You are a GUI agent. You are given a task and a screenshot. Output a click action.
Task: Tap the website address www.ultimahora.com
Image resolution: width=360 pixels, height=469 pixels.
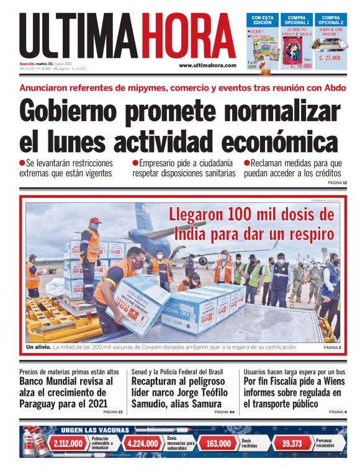click(x=207, y=65)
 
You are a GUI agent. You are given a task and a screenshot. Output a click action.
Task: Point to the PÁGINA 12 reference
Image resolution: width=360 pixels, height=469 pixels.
click(x=336, y=182)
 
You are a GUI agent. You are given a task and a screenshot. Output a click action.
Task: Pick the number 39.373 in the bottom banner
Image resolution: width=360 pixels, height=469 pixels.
click(x=292, y=444)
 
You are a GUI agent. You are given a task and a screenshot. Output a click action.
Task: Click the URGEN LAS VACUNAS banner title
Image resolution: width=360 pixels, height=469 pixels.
click(x=94, y=430)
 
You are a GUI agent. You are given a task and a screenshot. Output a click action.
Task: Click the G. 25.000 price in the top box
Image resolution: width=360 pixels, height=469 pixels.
click(x=333, y=58)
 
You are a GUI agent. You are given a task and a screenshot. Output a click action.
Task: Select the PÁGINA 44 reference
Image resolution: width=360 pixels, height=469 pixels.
click(x=224, y=412)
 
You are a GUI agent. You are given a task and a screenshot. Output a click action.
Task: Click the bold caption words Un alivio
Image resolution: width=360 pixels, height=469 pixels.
click(x=38, y=347)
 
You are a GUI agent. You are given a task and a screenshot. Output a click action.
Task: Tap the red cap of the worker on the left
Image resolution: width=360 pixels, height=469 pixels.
click(x=95, y=220)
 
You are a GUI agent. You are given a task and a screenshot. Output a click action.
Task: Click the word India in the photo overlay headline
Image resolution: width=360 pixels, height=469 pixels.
click(x=191, y=234)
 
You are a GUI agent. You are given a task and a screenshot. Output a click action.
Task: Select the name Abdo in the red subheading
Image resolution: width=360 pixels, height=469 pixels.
click(x=333, y=88)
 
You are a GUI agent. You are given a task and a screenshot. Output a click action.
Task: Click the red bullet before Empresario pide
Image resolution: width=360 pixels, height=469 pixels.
click(x=135, y=163)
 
